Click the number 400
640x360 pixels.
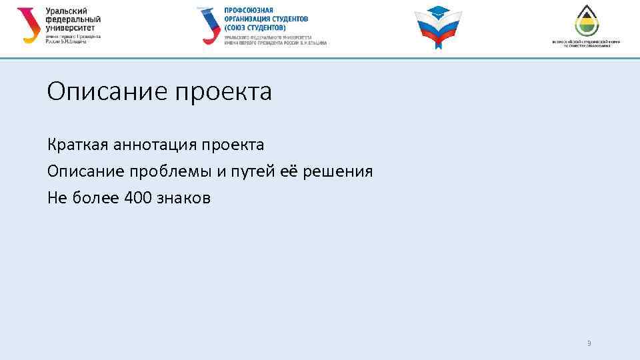pos(138,198)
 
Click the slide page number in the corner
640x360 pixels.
pos(589,344)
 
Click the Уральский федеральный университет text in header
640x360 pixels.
pos(73,20)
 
